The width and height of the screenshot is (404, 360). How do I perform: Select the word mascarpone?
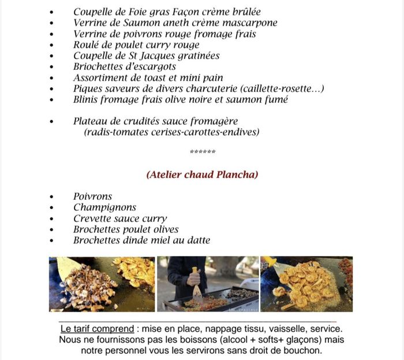[x=251, y=23]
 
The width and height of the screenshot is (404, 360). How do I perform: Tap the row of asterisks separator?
[x=202, y=153]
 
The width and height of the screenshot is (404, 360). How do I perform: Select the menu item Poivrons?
[x=92, y=196]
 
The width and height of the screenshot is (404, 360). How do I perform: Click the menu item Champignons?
[x=104, y=207]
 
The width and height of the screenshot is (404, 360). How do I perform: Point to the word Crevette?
[x=92, y=218]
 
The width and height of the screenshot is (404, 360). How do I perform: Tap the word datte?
[x=197, y=240]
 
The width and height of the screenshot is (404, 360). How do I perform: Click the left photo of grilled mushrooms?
[x=102, y=284]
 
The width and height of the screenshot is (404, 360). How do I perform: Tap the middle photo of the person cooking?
[x=208, y=284]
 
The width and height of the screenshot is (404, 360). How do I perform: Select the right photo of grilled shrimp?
[x=306, y=284]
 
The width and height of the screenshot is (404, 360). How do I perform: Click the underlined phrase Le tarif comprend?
[x=96, y=329]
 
